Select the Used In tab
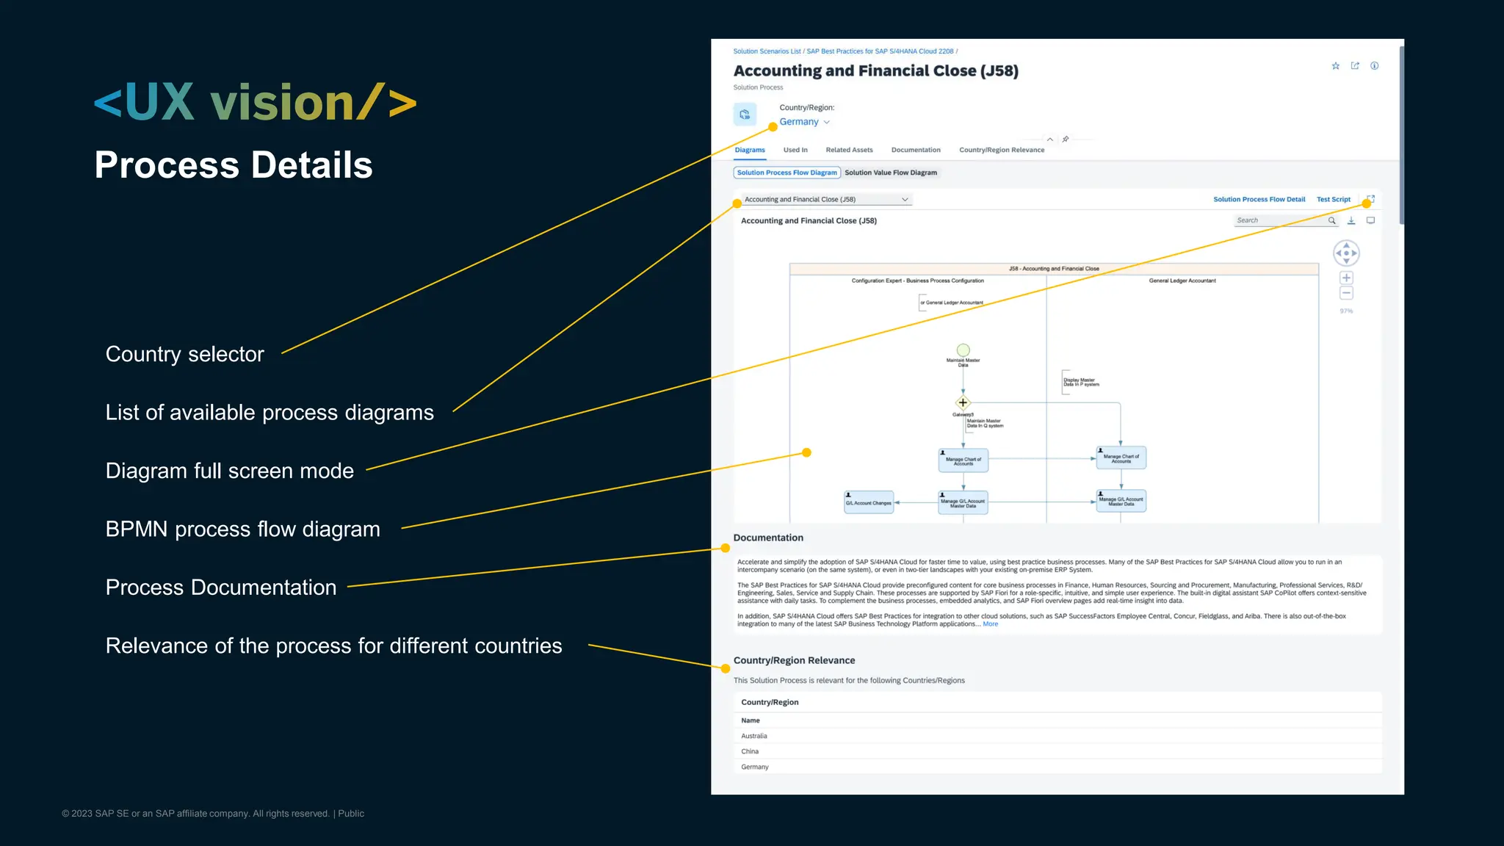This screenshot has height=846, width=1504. pos(795,150)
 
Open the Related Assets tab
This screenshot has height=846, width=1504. pos(849,150)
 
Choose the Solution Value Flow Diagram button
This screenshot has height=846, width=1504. pos(891,173)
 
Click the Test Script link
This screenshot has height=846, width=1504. pos(1333,199)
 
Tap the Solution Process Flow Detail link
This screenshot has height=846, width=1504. pos(1259,199)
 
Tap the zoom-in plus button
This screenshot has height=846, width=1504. pos(1346,278)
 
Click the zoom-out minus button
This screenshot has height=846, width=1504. pos(1346,293)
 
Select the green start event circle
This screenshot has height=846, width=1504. pos(963,350)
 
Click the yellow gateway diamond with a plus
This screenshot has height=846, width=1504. pos(963,402)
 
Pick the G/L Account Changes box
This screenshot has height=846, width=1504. pos(869,502)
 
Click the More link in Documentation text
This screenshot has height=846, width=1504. pos(990,624)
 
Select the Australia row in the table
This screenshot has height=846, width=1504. pos(754,736)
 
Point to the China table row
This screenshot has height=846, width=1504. pos(750,751)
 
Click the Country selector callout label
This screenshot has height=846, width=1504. pos(184,354)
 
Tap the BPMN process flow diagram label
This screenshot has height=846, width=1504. pos(242,529)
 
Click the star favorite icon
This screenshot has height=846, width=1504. pos(1336,66)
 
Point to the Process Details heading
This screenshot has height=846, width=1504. pos(234,164)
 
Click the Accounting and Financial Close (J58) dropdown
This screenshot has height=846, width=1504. pos(826,199)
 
